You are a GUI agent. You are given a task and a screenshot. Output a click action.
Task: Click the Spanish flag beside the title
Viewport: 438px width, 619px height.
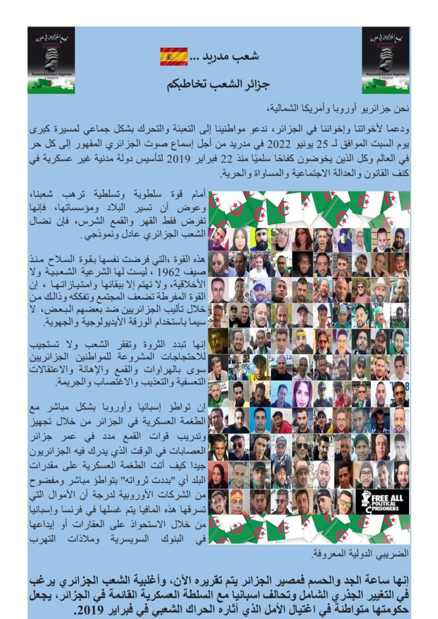pos(174,56)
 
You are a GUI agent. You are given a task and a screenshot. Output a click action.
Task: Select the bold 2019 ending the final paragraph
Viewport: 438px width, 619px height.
pos(89,610)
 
